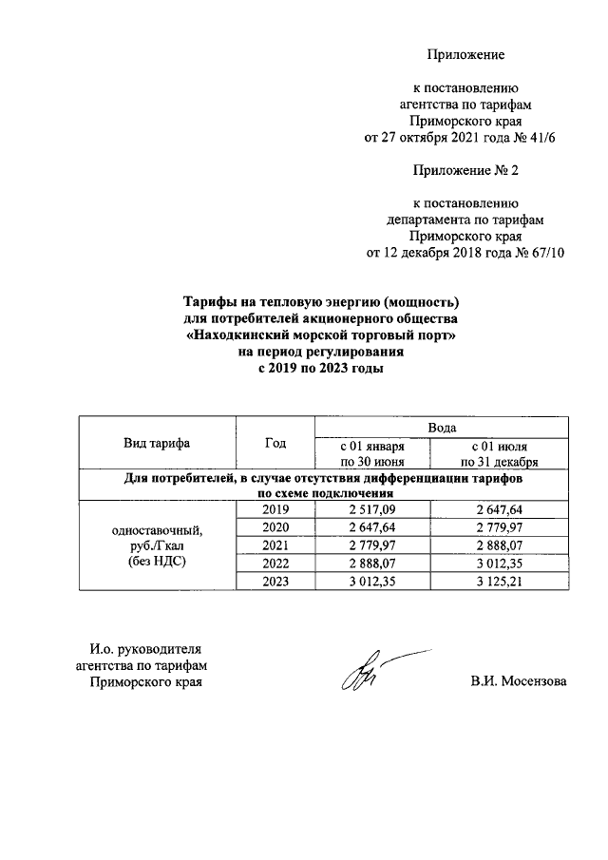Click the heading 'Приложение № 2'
465,171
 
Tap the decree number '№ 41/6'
544,137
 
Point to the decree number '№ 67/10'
540,254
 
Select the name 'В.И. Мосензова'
518,681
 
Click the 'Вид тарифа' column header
157,444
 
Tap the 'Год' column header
275,444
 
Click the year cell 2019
275,510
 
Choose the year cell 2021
275,545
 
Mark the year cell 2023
275,580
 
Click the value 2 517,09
372,510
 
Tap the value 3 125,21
500,580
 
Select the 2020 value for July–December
500,527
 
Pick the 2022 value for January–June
372,563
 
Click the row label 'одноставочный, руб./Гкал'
157,538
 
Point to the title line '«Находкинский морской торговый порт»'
321,336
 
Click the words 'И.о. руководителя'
131,649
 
